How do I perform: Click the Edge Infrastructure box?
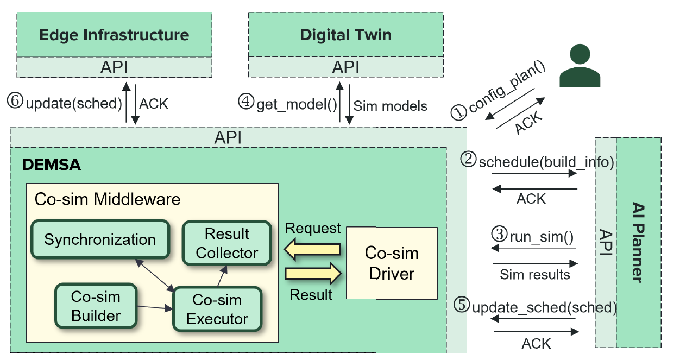[x=114, y=35]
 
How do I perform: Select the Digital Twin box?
[x=345, y=35]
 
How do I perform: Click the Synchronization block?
[x=100, y=239]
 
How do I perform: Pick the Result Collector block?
[x=226, y=243]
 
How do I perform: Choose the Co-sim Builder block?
[x=96, y=306]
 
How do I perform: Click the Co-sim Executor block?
[x=217, y=309]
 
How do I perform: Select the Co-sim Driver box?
[x=392, y=263]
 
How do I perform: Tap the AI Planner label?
[x=638, y=242]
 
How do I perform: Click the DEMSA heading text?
[x=52, y=165]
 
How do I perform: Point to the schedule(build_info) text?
[x=546, y=162]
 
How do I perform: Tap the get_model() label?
[x=297, y=103]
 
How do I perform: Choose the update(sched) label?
[x=74, y=103]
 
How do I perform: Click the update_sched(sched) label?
[x=545, y=307]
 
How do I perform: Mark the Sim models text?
[x=390, y=105]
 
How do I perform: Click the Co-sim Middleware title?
[x=107, y=199]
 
